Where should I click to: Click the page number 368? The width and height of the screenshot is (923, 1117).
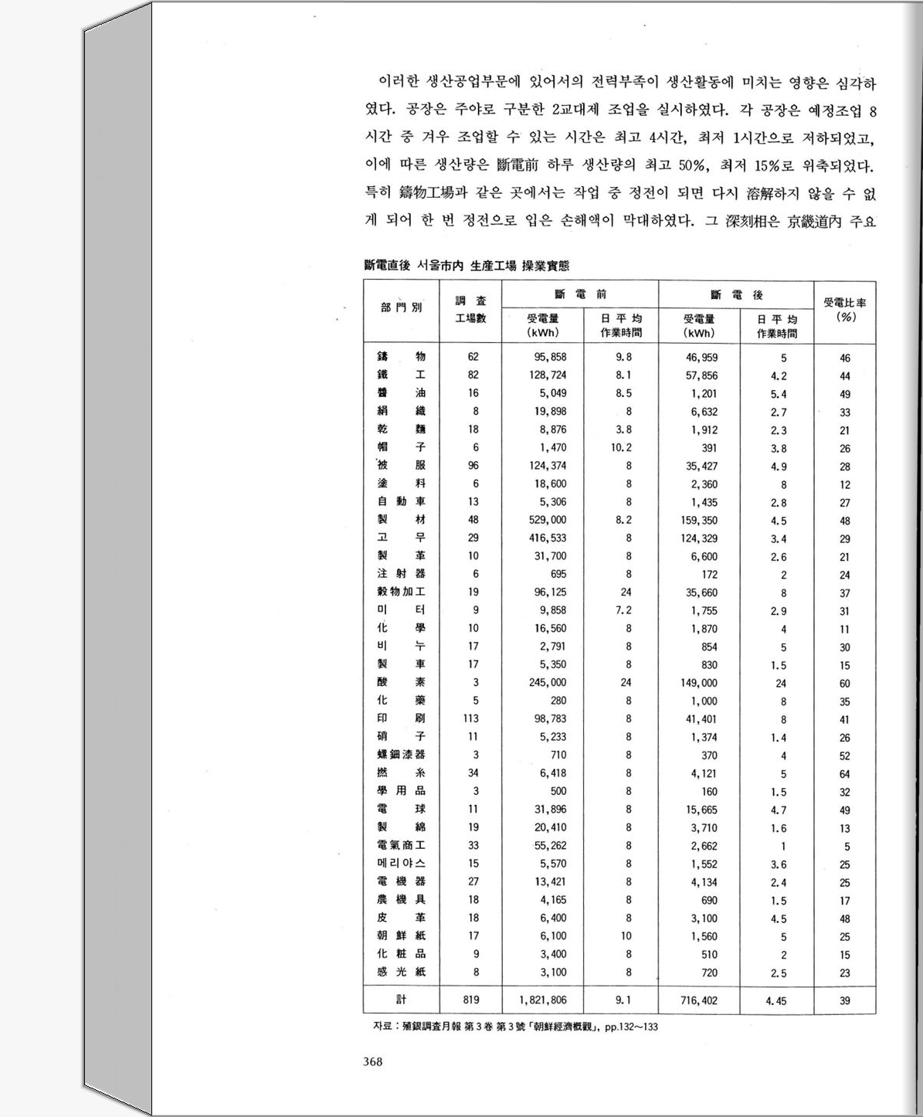(x=372, y=1061)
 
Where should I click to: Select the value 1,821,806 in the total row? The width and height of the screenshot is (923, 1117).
(x=543, y=1000)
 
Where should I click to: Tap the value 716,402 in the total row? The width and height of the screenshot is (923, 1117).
(x=699, y=1000)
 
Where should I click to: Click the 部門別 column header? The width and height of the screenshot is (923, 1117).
(x=402, y=307)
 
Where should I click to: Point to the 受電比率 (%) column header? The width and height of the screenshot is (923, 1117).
(x=844, y=310)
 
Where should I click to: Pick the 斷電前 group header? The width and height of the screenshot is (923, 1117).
(x=581, y=294)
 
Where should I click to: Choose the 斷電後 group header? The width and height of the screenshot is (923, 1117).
(x=737, y=295)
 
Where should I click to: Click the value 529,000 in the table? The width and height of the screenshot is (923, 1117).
(x=548, y=520)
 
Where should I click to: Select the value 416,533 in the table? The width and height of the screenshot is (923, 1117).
(x=548, y=538)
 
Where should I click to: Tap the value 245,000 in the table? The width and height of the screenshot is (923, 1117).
(x=548, y=682)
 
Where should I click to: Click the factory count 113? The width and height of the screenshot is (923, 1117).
(x=471, y=718)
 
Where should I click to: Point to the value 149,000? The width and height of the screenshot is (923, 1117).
(x=699, y=683)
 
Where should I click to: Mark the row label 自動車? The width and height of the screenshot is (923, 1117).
(x=402, y=501)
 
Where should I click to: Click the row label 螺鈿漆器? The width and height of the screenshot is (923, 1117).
(x=402, y=754)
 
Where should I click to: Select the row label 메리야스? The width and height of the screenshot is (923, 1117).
(x=402, y=863)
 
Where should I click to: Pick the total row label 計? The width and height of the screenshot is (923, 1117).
(x=402, y=999)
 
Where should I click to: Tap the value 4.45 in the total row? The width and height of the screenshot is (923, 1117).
(x=776, y=1000)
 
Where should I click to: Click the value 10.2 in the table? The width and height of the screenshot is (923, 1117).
(x=622, y=447)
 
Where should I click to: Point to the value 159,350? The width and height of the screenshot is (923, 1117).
(x=699, y=521)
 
